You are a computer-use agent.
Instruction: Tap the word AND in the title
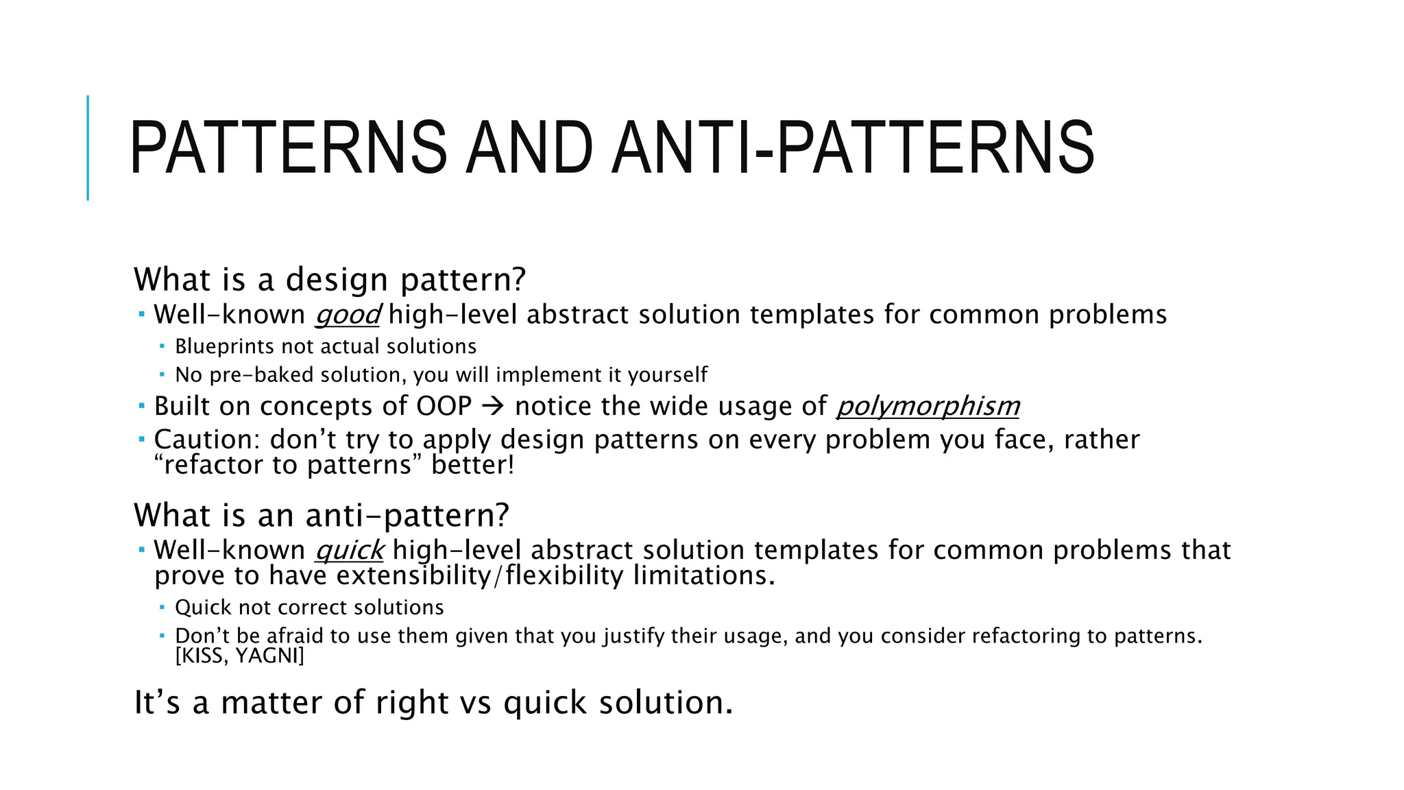pos(529,147)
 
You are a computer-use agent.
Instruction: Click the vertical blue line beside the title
pos(88,147)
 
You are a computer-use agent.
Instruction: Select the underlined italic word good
pos(347,315)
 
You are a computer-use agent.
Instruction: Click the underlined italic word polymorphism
pos(928,406)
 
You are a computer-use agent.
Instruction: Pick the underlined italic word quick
pos(349,550)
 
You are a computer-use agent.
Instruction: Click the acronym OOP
pos(444,406)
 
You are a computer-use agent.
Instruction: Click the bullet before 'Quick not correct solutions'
pos(162,607)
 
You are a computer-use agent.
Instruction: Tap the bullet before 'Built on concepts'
pos(141,406)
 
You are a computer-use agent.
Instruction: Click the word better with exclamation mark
pos(472,465)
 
